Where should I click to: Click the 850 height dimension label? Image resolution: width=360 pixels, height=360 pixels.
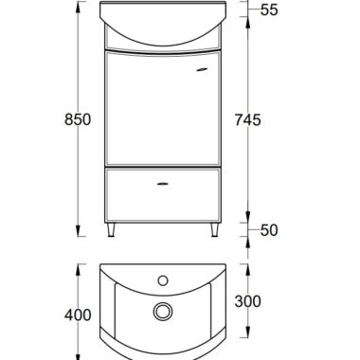pos(78,119)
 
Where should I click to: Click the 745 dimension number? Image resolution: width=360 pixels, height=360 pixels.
pos(248,120)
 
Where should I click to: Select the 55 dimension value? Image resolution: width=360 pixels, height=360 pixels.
pos(269,9)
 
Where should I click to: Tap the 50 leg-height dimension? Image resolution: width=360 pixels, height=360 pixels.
pos(269,230)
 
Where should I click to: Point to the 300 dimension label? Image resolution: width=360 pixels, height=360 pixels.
pos(248,301)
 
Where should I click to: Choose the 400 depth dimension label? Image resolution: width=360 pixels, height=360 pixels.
pos(78,315)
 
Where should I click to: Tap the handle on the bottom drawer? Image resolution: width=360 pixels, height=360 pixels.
pos(163,184)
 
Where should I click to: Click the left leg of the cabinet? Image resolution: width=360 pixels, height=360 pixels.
pos(111,230)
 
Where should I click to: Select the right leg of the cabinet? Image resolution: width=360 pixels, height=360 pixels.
pos(215,230)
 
